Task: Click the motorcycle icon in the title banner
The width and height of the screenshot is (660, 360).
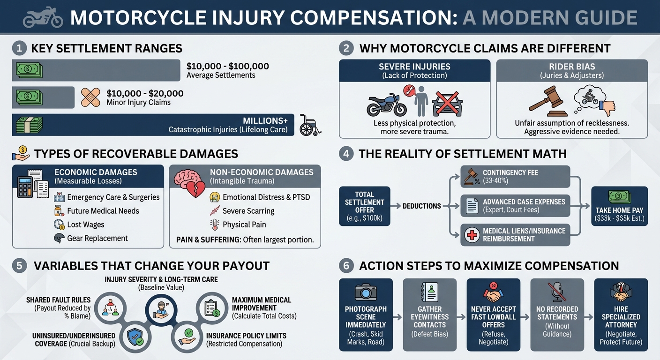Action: click(43, 17)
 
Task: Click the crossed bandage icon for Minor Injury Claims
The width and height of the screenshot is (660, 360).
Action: click(90, 97)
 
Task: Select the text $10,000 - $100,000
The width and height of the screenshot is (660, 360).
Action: click(227, 67)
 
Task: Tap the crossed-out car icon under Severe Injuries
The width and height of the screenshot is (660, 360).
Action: click(447, 104)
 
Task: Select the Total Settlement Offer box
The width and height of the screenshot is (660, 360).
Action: click(364, 206)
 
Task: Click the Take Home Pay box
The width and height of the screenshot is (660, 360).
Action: click(619, 206)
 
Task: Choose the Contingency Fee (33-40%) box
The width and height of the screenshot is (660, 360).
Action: click(515, 177)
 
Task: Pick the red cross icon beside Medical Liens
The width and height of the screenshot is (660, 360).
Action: click(471, 235)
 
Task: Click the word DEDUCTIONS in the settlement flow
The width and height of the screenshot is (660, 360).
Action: click(421, 206)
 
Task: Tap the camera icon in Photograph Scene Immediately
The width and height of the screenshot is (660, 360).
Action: click(366, 292)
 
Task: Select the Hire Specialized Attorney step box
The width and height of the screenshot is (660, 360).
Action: click(621, 315)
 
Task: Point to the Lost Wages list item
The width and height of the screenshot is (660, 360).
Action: click(85, 225)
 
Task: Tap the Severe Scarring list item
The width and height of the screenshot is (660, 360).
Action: click(248, 211)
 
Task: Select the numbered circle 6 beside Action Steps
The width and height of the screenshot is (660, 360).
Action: click(346, 266)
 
